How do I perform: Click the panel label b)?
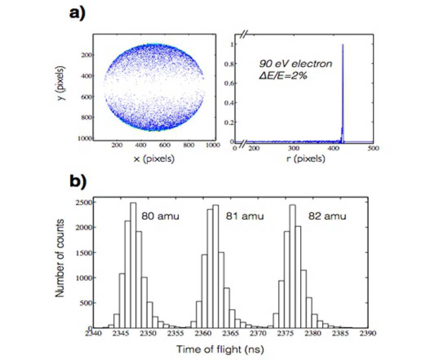tap(78, 181)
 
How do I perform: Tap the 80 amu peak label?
tap(160, 216)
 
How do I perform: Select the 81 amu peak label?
tap(245, 216)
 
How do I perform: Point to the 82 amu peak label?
tap(327, 216)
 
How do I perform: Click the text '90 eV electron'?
tap(295, 64)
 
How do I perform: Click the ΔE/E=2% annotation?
tap(283, 76)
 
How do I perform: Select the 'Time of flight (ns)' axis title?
tap(220, 349)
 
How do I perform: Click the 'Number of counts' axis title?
tap(60, 258)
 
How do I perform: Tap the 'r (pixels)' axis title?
tap(306, 158)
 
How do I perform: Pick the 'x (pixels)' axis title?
tap(154, 158)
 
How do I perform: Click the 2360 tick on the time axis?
tap(203, 333)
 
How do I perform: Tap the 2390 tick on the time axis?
tap(367, 333)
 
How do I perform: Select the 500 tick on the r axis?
tap(373, 148)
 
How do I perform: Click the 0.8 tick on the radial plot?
tap(230, 64)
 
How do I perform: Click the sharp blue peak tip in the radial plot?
tap(343, 45)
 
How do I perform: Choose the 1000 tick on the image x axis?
tap(213, 145)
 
